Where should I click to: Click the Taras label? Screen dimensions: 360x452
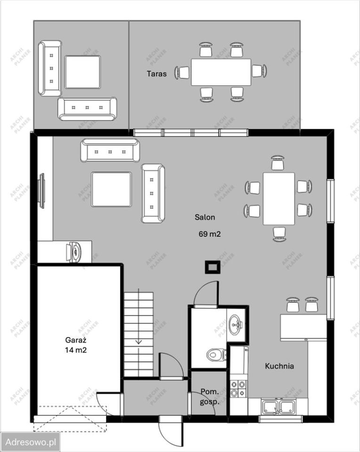point(156,74)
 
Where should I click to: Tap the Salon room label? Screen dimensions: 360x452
point(205,217)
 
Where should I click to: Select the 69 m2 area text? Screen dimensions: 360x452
point(210,234)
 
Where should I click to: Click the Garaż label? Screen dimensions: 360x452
point(76,340)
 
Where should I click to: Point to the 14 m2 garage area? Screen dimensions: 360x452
point(76,350)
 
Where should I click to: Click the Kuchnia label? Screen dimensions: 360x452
point(279,366)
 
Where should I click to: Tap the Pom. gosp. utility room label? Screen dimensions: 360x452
point(210,396)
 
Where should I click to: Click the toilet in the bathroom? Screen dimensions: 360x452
point(217,354)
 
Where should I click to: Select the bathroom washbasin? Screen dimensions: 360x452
point(236,324)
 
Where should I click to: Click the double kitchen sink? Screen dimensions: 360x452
point(278,406)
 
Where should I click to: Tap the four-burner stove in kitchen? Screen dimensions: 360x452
point(239,388)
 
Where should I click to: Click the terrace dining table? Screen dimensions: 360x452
point(221,72)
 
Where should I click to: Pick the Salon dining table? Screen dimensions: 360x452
point(279,199)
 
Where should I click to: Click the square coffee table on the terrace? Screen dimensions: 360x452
point(83,72)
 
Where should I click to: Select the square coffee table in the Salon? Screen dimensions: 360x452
point(112,189)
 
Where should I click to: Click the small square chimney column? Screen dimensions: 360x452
point(213,267)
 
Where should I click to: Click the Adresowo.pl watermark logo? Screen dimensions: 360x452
point(30,442)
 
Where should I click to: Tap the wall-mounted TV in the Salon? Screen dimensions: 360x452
point(42,191)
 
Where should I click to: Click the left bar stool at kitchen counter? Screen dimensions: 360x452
point(293,305)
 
